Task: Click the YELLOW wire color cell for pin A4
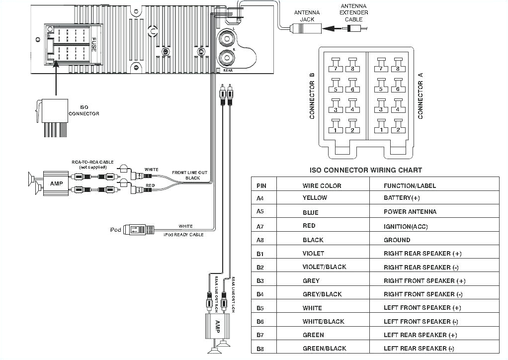click(x=315, y=198)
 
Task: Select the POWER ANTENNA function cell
click(x=410, y=212)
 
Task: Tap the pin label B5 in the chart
click(x=261, y=308)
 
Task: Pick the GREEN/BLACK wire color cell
click(x=324, y=349)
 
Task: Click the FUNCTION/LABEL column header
click(x=410, y=185)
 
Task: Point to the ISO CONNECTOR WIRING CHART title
click(x=366, y=170)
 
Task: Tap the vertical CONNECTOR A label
click(x=421, y=95)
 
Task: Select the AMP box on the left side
click(x=55, y=183)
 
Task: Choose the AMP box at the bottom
click(x=217, y=326)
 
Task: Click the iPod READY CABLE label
click(x=183, y=235)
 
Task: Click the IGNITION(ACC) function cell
click(x=405, y=226)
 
